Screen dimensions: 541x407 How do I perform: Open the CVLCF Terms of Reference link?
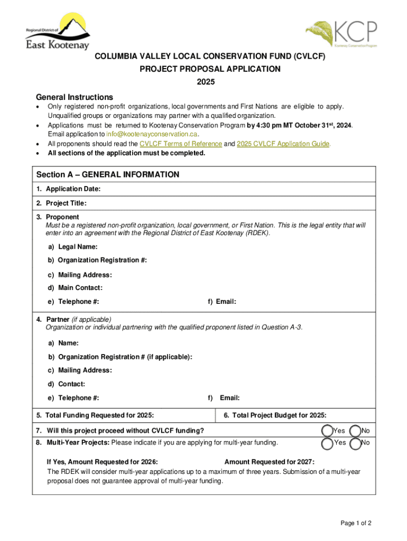181,144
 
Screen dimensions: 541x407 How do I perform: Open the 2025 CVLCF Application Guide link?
283,144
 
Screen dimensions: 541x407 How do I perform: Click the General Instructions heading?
74,97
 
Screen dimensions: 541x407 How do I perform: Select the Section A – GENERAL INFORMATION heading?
108,175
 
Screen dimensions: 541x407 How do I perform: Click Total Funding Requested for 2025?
96,415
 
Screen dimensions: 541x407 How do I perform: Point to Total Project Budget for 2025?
275,415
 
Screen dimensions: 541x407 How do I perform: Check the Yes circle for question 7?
328,431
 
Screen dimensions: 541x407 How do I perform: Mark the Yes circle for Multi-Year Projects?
328,443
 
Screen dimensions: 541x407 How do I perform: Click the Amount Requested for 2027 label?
270,461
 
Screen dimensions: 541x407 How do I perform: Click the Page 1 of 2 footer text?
356,523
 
